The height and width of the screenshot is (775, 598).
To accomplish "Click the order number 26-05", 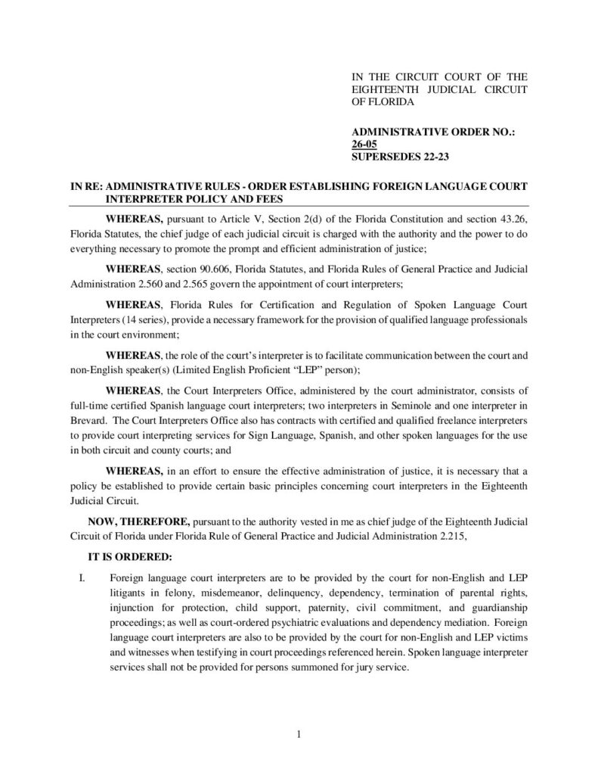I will coord(367,145).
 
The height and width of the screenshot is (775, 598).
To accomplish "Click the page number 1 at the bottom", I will coord(299,733).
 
